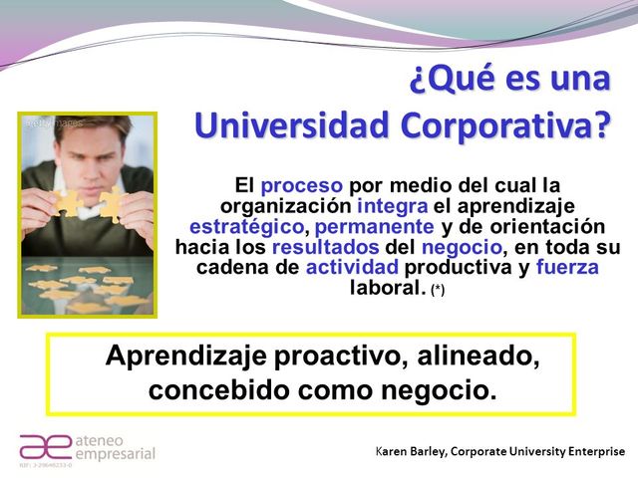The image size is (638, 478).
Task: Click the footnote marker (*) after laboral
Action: pos(438,290)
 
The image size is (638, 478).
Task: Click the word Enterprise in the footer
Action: pos(594,452)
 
